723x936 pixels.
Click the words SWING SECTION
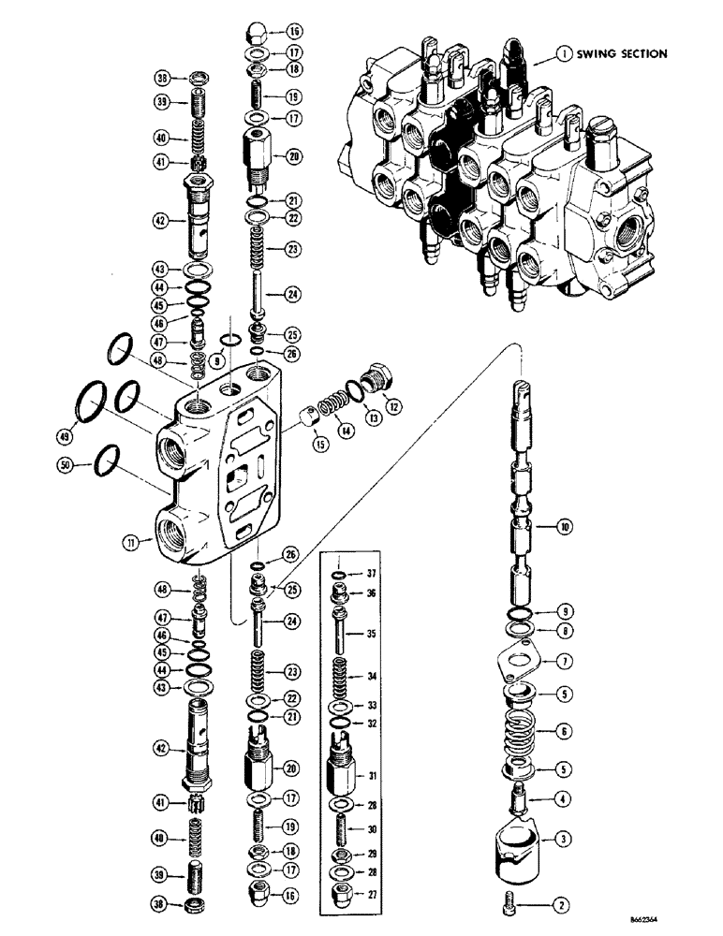(x=621, y=54)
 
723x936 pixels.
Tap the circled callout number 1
(x=564, y=54)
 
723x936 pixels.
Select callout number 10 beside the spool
(x=563, y=528)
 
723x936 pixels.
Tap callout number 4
(x=564, y=798)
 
